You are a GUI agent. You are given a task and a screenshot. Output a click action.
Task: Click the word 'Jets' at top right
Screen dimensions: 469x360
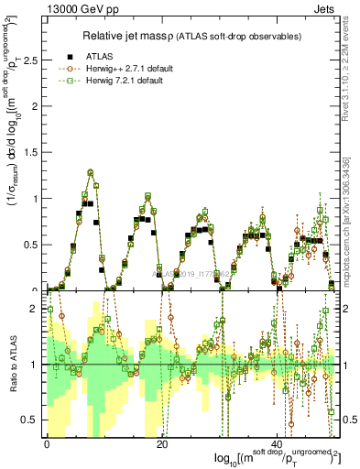pyautogui.click(x=328, y=8)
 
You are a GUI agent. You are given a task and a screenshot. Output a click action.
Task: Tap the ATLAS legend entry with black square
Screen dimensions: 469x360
pyautogui.click(x=102, y=55)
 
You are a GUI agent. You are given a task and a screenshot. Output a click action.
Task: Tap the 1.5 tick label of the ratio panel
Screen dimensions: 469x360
pyautogui.click(x=32, y=336)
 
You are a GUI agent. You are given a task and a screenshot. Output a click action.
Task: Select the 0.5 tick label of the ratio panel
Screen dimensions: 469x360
pyautogui.click(x=32, y=420)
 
